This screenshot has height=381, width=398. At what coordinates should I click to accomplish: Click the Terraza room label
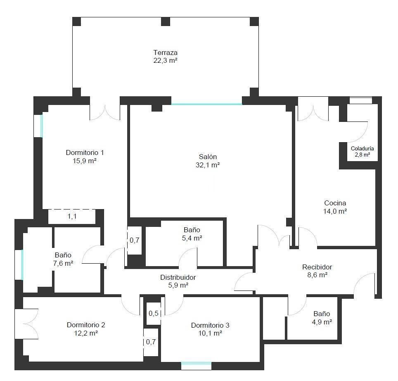click(x=165, y=52)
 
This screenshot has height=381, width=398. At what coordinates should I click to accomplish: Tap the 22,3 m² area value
click(x=165, y=60)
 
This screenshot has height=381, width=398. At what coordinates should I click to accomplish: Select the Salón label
click(x=207, y=157)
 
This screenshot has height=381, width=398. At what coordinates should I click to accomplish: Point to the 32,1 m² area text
click(x=207, y=165)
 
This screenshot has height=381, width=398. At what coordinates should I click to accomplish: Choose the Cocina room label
click(x=335, y=203)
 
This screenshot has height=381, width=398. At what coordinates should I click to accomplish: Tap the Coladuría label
click(x=362, y=148)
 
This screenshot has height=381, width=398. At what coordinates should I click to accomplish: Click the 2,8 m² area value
click(x=362, y=155)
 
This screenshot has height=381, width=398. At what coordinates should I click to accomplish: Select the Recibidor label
click(x=317, y=267)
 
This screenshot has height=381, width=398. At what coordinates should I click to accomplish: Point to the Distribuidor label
click(x=178, y=277)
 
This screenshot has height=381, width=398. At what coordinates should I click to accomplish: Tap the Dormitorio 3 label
click(x=210, y=325)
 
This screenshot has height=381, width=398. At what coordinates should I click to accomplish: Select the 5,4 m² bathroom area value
click(x=192, y=238)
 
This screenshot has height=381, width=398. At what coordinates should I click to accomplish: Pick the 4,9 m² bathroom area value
click(x=322, y=322)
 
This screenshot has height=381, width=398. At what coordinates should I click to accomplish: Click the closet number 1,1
click(x=72, y=217)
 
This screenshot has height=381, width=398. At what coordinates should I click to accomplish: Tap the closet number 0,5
click(x=154, y=313)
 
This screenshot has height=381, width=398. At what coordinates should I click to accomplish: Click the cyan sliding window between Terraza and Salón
click(x=206, y=104)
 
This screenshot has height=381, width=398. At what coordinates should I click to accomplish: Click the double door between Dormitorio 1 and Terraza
click(x=105, y=112)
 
